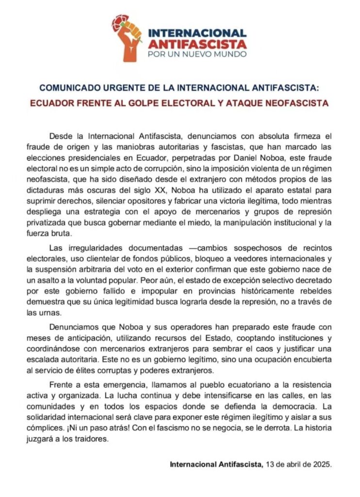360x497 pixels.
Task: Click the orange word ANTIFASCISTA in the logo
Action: click(196, 44)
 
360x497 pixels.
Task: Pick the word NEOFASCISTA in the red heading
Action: click(301, 103)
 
